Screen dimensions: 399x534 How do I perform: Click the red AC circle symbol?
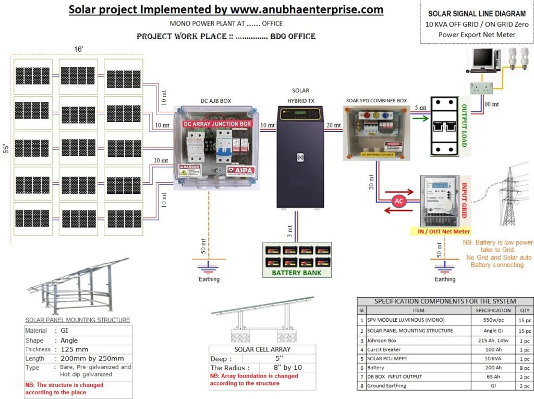tap(398, 201)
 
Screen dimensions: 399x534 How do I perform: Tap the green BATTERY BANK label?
tap(297, 272)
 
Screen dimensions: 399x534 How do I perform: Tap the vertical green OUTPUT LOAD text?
tap(463, 125)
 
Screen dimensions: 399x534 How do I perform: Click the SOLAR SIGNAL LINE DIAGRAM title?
tap(476, 14)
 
